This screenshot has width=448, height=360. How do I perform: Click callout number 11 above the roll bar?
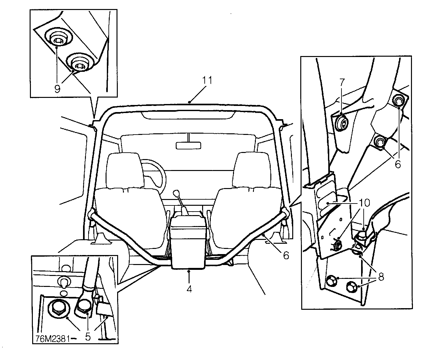coord(207,81)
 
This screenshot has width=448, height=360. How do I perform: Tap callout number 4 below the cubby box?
coord(189,289)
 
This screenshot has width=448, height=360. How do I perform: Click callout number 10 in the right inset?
coord(365,203)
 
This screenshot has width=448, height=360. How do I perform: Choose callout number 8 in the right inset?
coord(381,277)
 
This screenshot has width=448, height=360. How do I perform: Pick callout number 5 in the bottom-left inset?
coord(88,336)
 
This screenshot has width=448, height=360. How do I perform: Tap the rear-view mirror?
coord(188,145)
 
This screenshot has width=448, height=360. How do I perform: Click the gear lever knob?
coord(176,193)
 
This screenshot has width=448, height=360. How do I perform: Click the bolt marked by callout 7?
coord(342,122)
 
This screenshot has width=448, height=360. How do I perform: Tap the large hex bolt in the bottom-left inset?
coord(58,308)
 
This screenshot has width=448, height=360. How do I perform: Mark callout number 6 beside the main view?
coord(285,255)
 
